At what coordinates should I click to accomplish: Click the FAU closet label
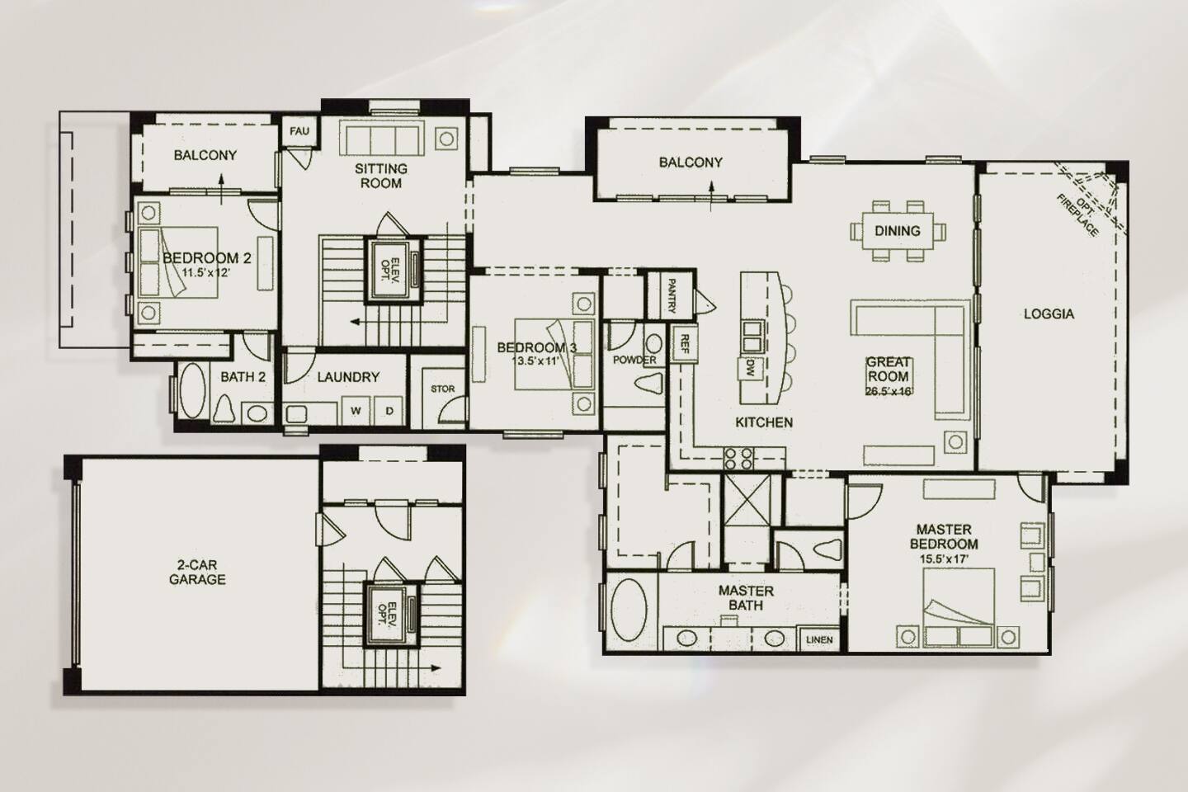tap(299, 130)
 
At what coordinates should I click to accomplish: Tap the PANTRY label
tap(671, 296)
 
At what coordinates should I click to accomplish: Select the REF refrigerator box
tap(685, 344)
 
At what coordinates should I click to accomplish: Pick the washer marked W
tap(356, 410)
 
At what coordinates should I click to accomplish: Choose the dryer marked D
tap(389, 410)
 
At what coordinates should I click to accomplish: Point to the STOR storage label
tap(442, 389)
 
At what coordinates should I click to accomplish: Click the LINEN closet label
tap(819, 639)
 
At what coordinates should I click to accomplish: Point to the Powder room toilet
tap(650, 383)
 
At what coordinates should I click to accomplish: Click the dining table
tap(898, 231)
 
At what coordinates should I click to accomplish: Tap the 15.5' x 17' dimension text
tap(944, 558)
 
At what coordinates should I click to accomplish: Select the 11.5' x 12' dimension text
tap(206, 273)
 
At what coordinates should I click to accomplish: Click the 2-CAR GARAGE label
tap(197, 573)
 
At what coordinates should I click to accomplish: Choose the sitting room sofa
tap(382, 138)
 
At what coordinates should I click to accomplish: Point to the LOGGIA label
tap(1049, 314)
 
